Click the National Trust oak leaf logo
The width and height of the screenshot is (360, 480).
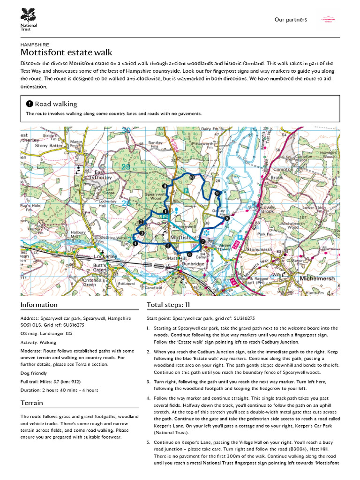[29, 14]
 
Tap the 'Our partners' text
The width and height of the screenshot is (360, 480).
[291, 20]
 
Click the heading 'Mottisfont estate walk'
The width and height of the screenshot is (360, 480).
[67, 52]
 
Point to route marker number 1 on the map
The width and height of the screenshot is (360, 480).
[165, 212]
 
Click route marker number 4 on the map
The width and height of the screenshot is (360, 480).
[135, 243]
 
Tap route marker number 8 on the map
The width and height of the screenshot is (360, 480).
[227, 218]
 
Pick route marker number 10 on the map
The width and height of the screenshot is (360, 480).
[192, 177]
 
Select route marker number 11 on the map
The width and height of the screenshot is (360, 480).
[165, 186]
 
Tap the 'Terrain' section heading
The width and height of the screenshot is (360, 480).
[32, 403]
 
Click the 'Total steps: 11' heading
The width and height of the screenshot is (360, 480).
[168, 305]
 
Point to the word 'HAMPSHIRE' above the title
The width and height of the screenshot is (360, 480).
[35, 45]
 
